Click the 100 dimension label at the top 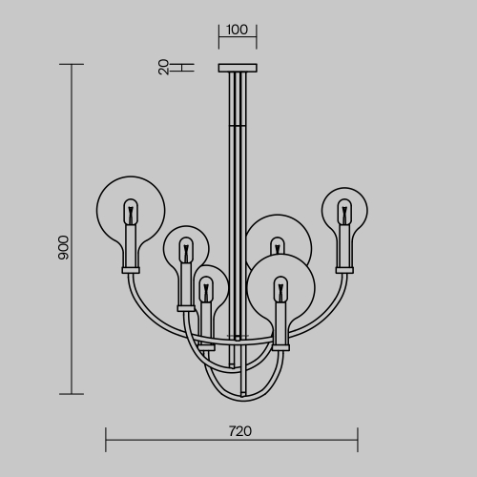[x=237, y=30]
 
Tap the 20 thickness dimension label [x=163, y=67]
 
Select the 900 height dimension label [x=64, y=247]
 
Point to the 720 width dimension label [x=240, y=431]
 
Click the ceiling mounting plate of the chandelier [x=238, y=68]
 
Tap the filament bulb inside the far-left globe [x=131, y=212]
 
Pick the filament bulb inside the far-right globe [x=344, y=212]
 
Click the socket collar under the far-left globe [x=131, y=270]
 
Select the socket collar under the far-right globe [x=344, y=270]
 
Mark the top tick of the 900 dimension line [x=72, y=64]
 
